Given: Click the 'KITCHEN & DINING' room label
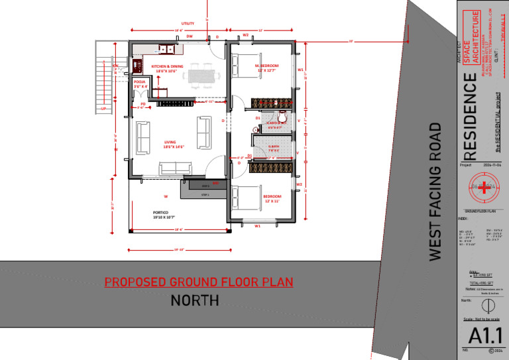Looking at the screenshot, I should (167, 67).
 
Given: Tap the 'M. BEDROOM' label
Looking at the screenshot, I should (267, 66).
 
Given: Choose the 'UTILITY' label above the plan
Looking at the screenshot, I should (188, 24).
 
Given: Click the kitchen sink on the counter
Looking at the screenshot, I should (166, 48).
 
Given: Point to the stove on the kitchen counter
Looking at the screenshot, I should (139, 66).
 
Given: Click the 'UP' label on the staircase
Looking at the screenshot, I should (103, 109).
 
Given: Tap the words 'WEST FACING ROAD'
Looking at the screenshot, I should (435, 192).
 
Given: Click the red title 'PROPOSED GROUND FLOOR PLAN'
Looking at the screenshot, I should (199, 282).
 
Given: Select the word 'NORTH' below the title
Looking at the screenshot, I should (195, 301).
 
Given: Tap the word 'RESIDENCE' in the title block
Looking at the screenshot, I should (469, 112).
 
